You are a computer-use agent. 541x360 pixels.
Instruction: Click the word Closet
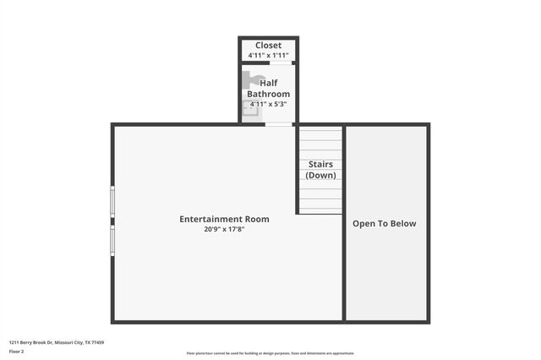click(x=269, y=45)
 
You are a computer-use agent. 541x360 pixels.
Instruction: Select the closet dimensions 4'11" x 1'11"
click(x=269, y=55)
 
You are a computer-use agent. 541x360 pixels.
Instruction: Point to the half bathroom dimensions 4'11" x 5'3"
click(x=269, y=104)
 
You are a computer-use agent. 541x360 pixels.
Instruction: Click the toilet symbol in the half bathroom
click(x=252, y=80)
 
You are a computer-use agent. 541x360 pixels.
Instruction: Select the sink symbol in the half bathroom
click(x=251, y=107)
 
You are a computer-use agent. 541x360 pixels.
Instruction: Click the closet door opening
click(x=281, y=63)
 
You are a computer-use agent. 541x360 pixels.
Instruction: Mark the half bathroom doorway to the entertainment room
click(x=277, y=124)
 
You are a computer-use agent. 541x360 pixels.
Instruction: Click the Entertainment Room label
click(x=224, y=219)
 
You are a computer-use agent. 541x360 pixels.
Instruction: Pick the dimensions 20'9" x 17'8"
click(x=224, y=229)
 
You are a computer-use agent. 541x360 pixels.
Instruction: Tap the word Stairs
click(x=320, y=164)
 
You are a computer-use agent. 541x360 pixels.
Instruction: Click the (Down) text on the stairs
click(x=320, y=175)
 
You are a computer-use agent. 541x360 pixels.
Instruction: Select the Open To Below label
click(x=385, y=224)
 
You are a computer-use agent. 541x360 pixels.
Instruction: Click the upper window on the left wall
click(x=112, y=201)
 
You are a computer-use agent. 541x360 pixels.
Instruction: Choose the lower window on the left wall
click(x=112, y=239)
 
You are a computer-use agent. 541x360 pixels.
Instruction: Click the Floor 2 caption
click(x=17, y=351)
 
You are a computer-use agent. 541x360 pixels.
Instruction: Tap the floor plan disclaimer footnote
click(x=270, y=353)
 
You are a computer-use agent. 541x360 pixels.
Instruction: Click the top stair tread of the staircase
click(x=321, y=133)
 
